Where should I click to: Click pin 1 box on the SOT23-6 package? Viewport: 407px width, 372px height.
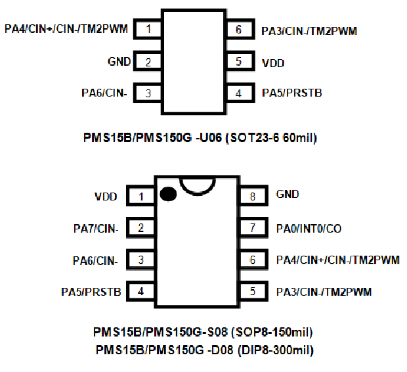pos(148,30)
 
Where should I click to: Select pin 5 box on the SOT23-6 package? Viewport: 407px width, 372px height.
pos(238,62)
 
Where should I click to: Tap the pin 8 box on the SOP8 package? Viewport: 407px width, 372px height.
pos(251,195)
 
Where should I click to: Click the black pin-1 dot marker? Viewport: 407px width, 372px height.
pos(167,195)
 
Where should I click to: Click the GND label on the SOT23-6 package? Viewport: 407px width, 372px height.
pos(119,62)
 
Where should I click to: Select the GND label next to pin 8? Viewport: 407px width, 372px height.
pos(288,195)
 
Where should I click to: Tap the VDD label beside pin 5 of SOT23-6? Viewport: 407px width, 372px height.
pos(272,63)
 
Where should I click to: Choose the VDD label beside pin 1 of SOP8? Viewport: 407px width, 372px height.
pos(107,196)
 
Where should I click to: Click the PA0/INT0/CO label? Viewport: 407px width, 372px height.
pos(309,229)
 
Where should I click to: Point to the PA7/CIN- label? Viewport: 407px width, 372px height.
pos(96,229)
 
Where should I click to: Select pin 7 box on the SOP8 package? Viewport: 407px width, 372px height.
pos(251,228)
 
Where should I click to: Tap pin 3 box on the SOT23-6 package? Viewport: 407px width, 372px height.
pos(148,93)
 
